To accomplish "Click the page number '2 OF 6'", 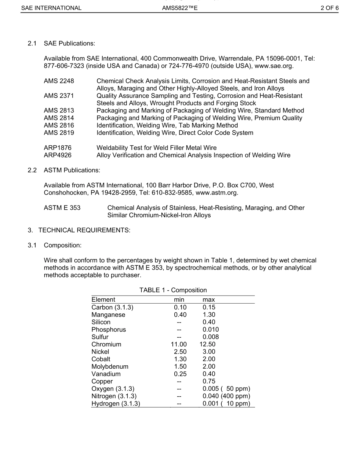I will [x=329, y=8].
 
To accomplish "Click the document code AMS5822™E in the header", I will [x=180, y=8].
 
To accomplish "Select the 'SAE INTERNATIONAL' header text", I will [x=51, y=8].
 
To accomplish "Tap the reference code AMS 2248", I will [x=59, y=81].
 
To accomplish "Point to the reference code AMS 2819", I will [x=59, y=133].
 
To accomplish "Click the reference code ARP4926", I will [x=58, y=155].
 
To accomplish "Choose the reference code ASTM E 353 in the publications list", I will [x=62, y=208].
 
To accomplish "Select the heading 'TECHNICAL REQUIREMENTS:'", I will [x=84, y=231].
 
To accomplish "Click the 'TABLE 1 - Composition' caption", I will [x=173, y=290].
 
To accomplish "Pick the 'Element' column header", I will [x=103, y=300].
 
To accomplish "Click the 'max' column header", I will [x=209, y=300].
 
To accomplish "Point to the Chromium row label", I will [x=106, y=344].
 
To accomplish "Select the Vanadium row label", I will [x=106, y=374].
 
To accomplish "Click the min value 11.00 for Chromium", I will [x=179, y=344].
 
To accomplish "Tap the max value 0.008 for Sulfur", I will [x=211, y=337].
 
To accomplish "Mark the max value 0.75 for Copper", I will [x=209, y=382].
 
